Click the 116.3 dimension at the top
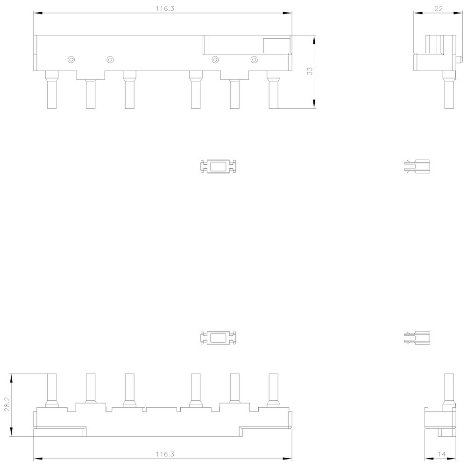coord(165,8)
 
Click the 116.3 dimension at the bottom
coord(165,454)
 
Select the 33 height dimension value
coord(310,71)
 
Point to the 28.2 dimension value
coord(7,404)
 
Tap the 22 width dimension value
coord(439,8)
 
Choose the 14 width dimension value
coord(442,454)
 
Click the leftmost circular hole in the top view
coord(71,60)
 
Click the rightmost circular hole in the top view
coord(254,60)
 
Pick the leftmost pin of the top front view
coord(52,90)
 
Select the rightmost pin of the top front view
coord(273,90)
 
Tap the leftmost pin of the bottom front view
coord(52,390)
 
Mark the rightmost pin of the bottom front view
coord(273,390)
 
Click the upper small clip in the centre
coord(218,167)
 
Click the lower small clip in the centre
coord(218,338)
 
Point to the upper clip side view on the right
coord(417,167)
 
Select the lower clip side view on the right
coord(417,338)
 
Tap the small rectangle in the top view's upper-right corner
coord(276,46)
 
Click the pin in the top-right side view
coord(449,90)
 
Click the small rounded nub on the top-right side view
coord(459,59)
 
